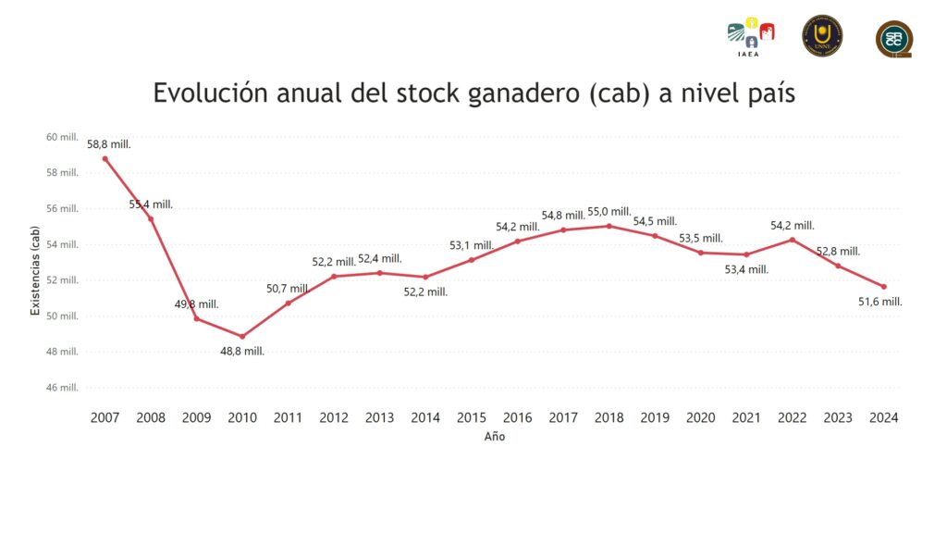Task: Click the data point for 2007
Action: point(105,158)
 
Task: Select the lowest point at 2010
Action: point(242,336)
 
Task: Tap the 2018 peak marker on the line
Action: point(609,226)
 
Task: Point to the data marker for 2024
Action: point(884,287)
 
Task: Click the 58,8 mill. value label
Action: point(109,144)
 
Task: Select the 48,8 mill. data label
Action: point(242,352)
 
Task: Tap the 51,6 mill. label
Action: point(880,302)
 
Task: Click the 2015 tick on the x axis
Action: point(472,417)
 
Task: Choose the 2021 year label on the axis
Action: point(746,417)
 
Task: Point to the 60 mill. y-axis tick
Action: point(62,137)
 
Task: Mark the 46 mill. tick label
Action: point(62,388)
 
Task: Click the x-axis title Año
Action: point(495,437)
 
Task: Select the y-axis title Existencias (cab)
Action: point(36,271)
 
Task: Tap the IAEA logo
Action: point(750,36)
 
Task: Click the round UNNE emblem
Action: point(822,35)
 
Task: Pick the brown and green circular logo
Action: point(894,38)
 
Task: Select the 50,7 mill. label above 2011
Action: point(289,289)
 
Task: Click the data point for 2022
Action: point(793,240)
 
